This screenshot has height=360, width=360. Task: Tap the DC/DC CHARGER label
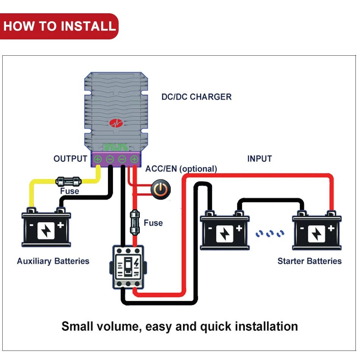point(196,97)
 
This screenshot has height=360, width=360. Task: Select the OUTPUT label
point(70,159)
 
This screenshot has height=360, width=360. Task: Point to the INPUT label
point(260,159)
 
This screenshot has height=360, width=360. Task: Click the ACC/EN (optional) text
point(181,169)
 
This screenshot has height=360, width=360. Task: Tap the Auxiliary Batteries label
point(53,261)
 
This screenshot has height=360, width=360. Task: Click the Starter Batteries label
point(309,261)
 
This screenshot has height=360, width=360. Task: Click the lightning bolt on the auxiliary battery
point(46,231)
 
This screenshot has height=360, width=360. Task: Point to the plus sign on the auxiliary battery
point(61,225)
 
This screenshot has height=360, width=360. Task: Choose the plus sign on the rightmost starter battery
point(331,228)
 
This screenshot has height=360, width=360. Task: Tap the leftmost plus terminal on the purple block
point(98,160)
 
